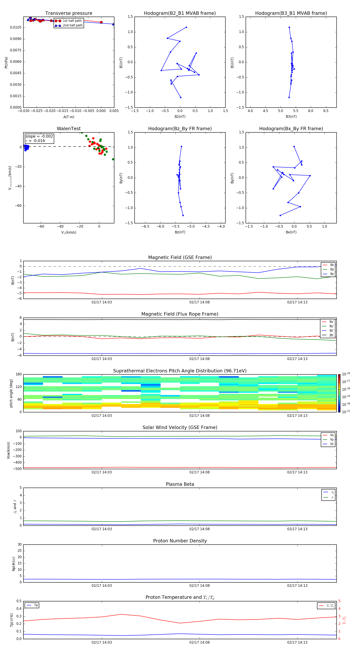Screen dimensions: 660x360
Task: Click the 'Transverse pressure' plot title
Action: (x=69, y=13)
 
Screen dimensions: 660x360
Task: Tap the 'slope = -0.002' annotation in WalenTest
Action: (x=39, y=136)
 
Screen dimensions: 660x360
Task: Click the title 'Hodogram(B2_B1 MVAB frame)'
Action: (x=180, y=13)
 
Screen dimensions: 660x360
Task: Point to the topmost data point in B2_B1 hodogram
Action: (x=186, y=27)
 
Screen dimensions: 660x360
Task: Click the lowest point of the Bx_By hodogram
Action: (x=280, y=215)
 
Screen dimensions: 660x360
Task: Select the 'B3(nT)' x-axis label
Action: (x=291, y=117)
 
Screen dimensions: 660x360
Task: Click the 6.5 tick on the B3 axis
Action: (x=326, y=111)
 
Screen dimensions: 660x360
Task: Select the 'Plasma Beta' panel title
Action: (x=180, y=484)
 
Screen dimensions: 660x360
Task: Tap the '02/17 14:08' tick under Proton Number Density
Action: (x=199, y=585)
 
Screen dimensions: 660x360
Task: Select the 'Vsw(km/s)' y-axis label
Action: (x=8, y=450)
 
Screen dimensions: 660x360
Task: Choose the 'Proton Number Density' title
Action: (x=180, y=541)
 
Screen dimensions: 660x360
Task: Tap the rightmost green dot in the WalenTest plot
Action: (x=113, y=159)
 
